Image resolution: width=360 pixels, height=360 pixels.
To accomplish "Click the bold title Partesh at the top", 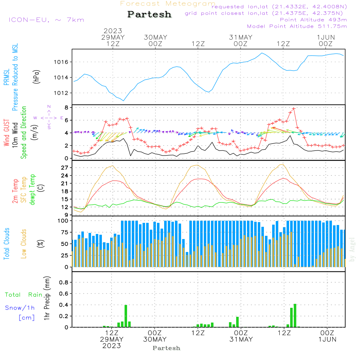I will pos(149,14).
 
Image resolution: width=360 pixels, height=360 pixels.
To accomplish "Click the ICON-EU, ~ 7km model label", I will pos(46,20).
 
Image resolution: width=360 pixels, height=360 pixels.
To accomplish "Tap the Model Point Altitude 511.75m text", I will pos(297,26).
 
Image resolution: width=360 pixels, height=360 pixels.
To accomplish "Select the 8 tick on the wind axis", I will pos(66,108).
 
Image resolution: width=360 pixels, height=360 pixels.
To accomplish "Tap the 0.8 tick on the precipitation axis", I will pos(63,283).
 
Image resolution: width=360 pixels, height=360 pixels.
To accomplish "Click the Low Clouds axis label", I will pos(24,243).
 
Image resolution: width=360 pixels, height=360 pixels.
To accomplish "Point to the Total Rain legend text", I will pos(24,295).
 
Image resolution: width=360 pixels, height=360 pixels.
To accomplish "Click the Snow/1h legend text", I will pos(20,308).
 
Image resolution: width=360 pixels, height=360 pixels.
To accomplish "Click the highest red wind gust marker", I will pos(294,108).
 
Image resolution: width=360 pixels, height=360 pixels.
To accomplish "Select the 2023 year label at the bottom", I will pos(112,346).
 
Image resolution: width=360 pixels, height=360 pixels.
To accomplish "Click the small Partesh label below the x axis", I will pos(166,348).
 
